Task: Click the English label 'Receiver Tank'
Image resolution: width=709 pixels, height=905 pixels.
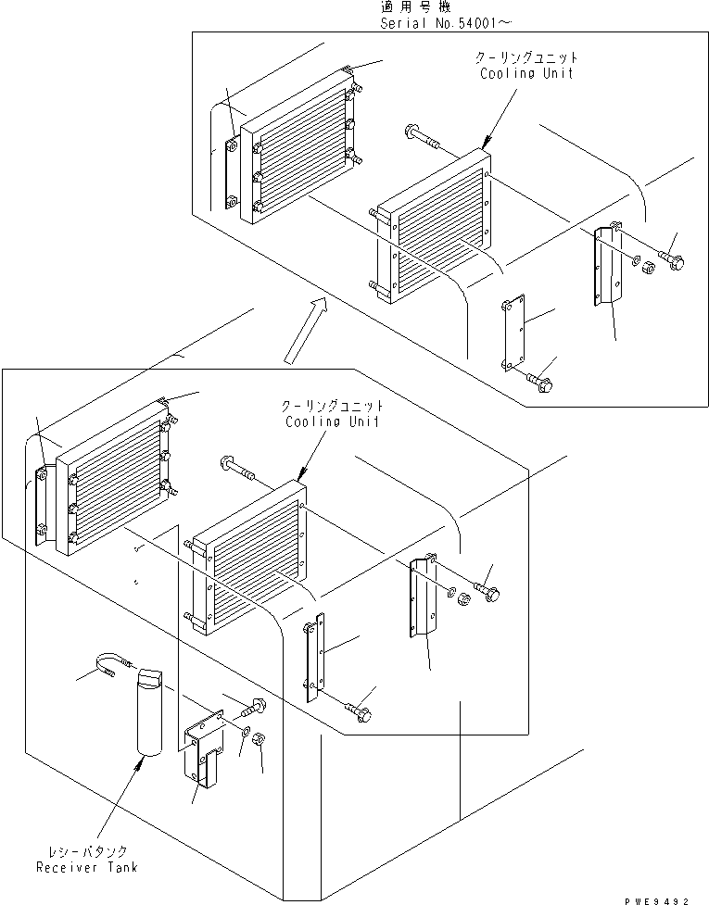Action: click(x=87, y=867)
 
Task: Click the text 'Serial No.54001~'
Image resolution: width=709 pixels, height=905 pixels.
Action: click(x=445, y=23)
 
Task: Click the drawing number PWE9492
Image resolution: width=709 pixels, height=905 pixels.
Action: click(x=656, y=900)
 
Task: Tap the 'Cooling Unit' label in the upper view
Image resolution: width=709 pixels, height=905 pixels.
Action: click(x=526, y=73)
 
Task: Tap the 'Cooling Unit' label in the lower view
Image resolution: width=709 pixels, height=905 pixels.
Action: click(x=333, y=421)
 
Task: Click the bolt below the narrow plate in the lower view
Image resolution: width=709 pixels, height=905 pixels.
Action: click(x=359, y=711)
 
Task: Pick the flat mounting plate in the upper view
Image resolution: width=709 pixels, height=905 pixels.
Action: click(x=513, y=333)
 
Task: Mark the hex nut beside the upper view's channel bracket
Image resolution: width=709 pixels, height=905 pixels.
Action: click(x=649, y=264)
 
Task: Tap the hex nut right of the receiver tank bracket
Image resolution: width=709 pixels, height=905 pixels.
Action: click(x=260, y=738)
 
